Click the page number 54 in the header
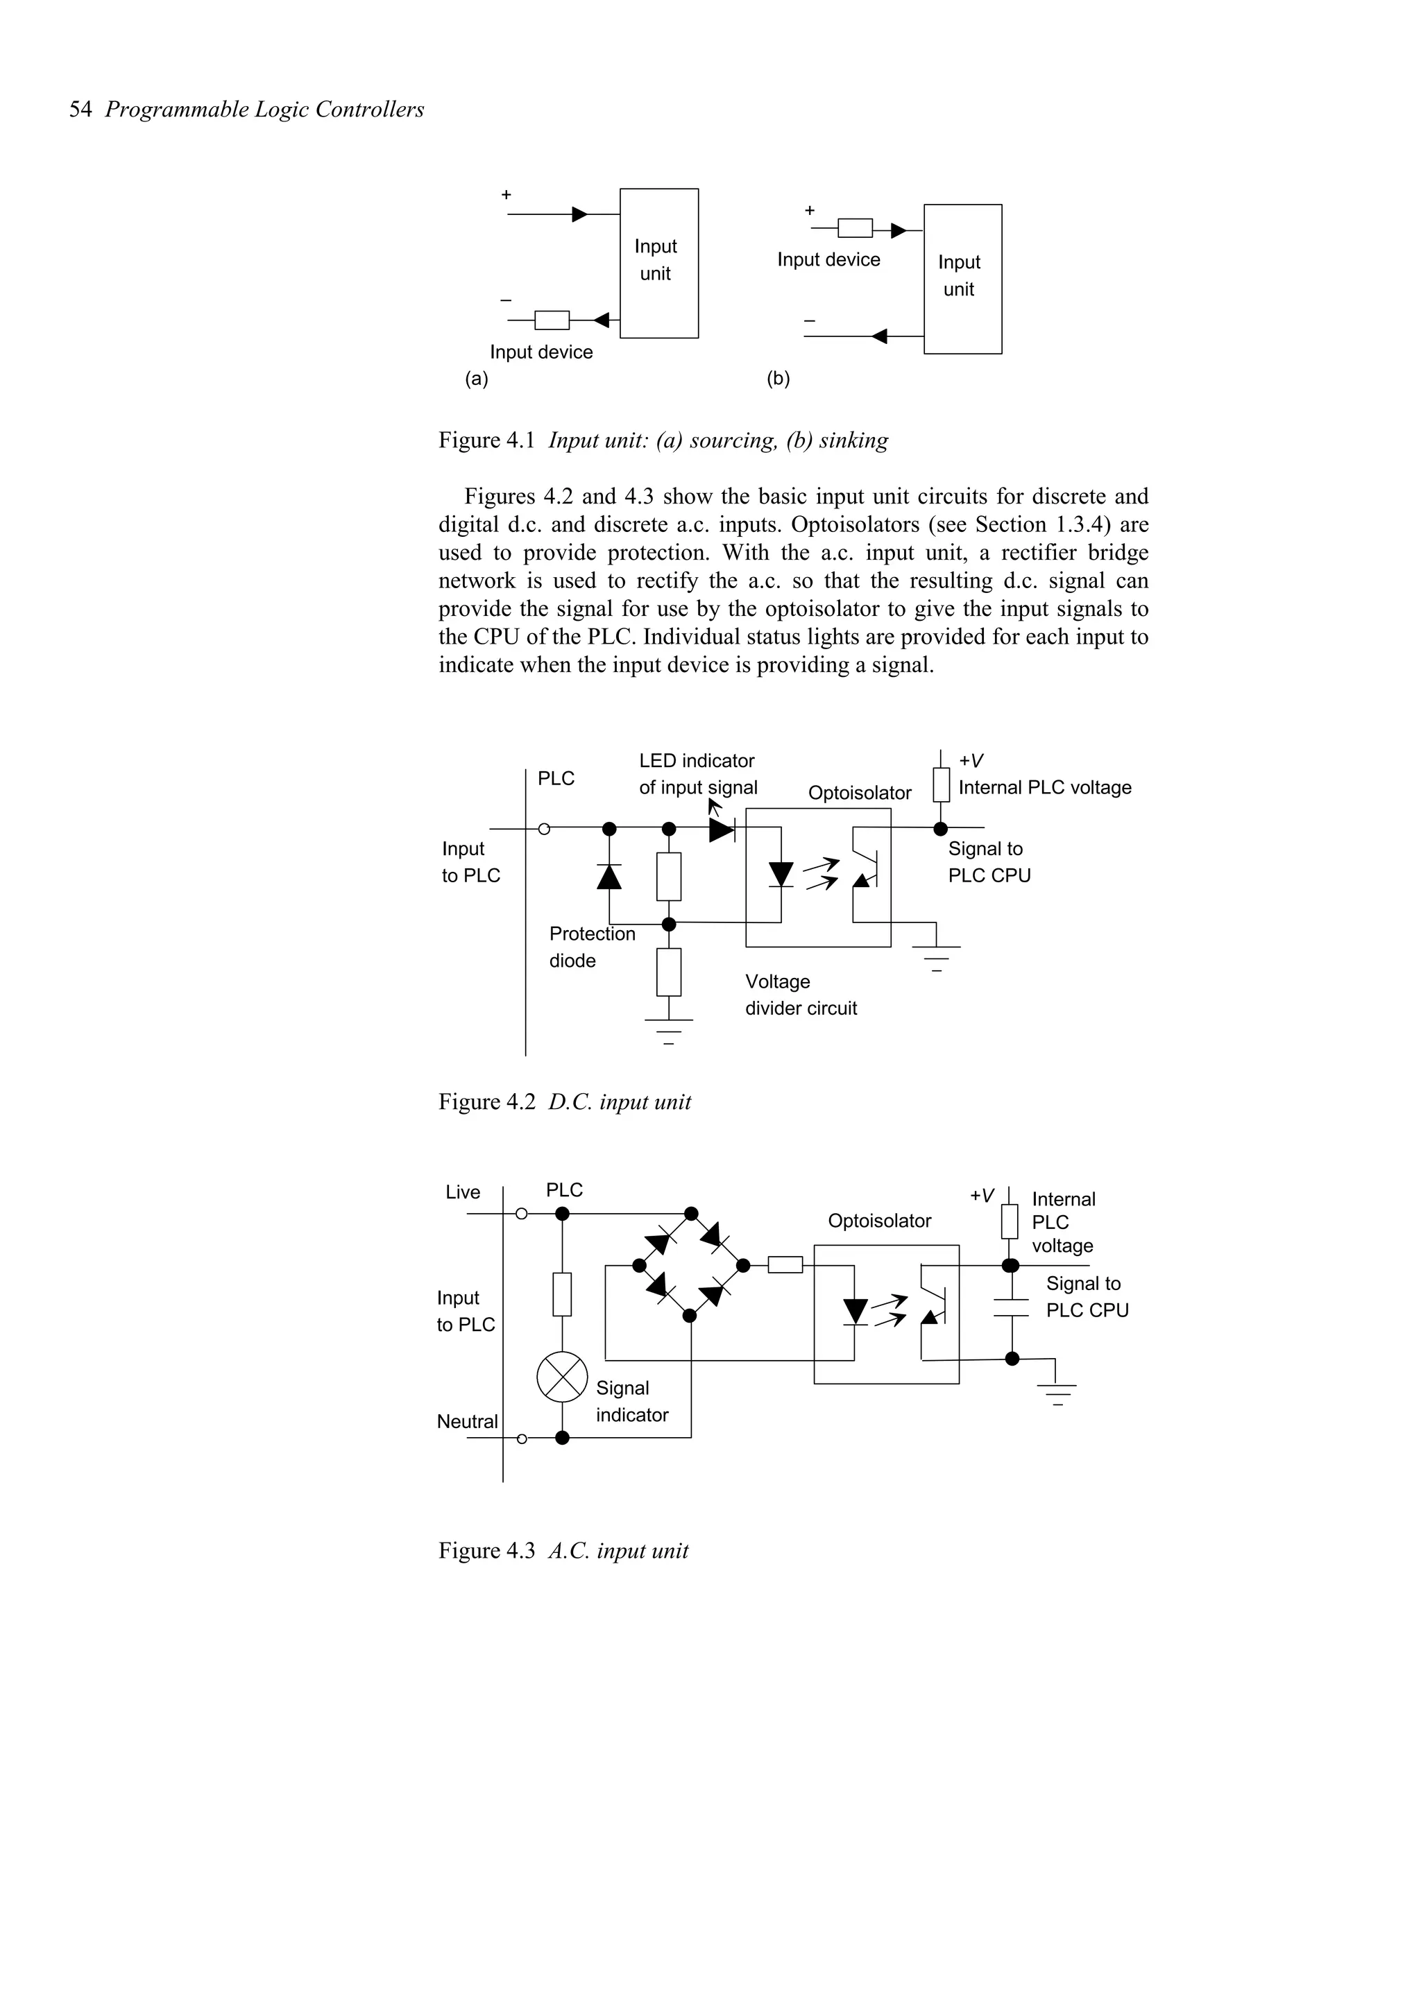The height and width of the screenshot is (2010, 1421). pos(80,110)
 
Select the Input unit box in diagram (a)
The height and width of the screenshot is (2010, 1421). pos(658,263)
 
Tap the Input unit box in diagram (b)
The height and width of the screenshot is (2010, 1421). pos(962,278)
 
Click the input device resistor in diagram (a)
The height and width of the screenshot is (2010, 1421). pos(552,320)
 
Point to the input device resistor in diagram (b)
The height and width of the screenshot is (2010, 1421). pos(855,228)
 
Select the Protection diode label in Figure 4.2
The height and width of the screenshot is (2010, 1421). pos(591,946)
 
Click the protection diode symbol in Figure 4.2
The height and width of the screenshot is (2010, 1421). pos(609,875)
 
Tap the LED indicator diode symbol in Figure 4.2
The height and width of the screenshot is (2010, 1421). pos(722,828)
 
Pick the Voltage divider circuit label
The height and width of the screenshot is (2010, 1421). pos(800,995)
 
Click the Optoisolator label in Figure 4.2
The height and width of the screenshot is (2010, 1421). pos(859,793)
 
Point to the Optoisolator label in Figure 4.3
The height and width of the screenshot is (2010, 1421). pos(879,1221)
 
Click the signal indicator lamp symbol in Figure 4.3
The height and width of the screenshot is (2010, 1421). pos(562,1376)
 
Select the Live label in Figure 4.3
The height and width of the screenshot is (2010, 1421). pos(462,1192)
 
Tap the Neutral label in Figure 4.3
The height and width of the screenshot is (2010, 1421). pos(467,1422)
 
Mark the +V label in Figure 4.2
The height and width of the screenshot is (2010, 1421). pos(971,761)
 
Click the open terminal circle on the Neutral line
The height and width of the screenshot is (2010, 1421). pos(522,1438)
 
